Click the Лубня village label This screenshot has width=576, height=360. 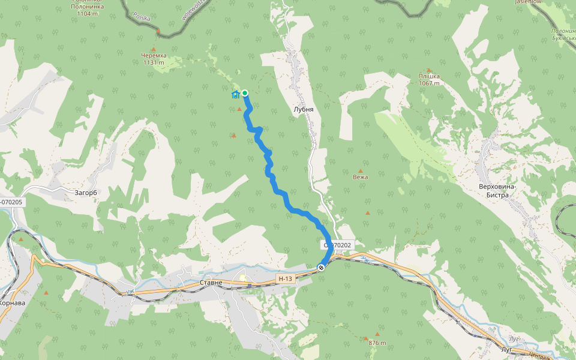point(304,110)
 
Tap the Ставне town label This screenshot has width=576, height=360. point(211,283)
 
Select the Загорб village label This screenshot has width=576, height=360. point(85,193)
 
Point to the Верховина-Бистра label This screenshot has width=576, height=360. point(497,191)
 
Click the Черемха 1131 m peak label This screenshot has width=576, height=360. point(153,59)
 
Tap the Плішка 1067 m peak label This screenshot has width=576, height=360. point(429,80)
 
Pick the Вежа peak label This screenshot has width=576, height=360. point(361,177)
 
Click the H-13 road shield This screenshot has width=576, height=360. point(286,279)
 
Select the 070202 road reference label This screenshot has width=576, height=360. point(337,245)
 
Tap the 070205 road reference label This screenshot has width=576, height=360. point(11,202)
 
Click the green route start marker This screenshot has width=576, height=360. point(245,93)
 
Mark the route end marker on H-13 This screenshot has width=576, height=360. point(322,268)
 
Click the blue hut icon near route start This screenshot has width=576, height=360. point(236,94)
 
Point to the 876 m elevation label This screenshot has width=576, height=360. point(377,343)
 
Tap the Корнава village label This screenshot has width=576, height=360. point(12,303)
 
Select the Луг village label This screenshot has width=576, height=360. point(505,349)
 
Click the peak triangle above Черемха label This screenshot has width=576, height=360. point(153,49)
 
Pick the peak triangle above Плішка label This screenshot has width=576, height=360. point(429,70)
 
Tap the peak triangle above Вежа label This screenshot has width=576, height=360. point(361,170)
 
